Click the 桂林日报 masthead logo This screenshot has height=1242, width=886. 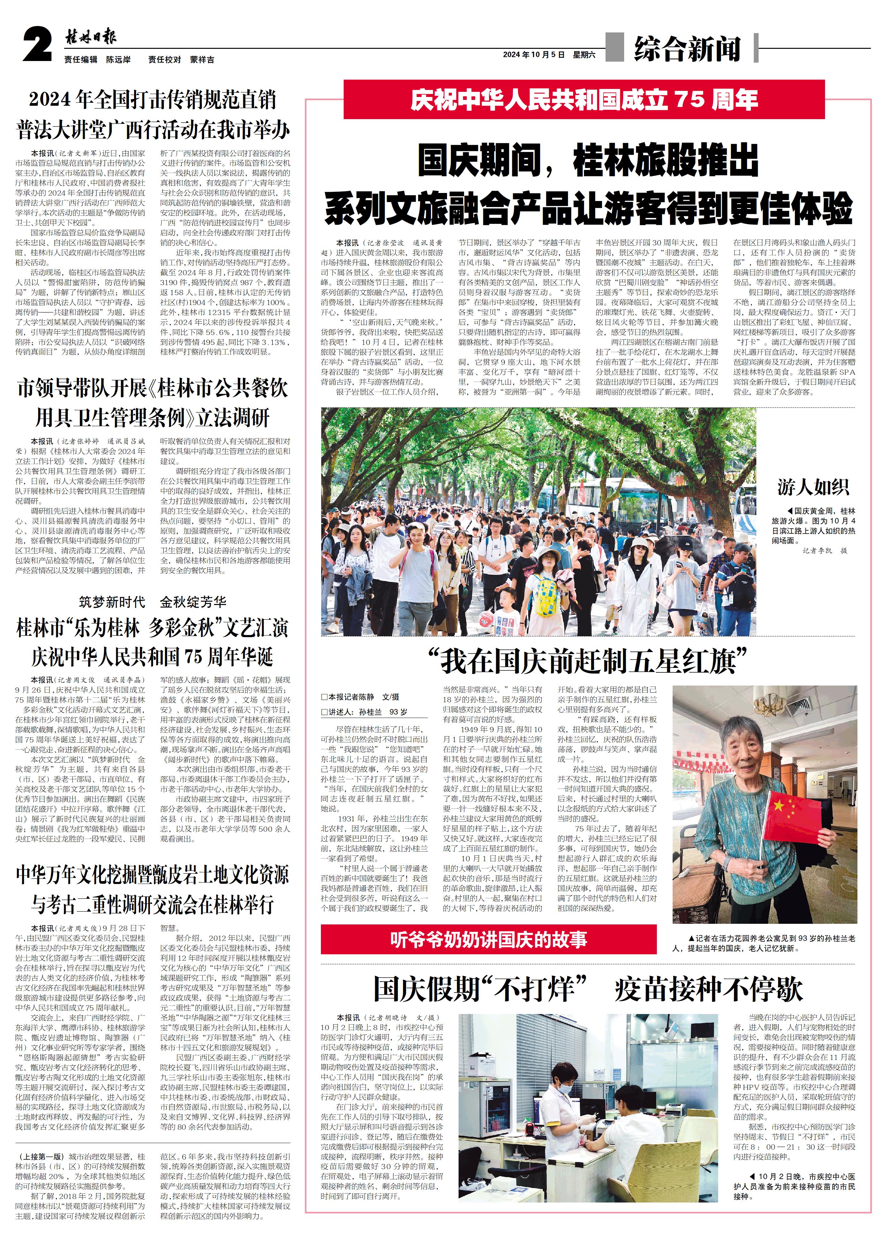pyautogui.click(x=90, y=38)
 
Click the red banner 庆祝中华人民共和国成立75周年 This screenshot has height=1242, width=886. pyautogui.click(x=584, y=99)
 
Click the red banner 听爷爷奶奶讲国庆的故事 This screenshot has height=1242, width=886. pyautogui.click(x=488, y=939)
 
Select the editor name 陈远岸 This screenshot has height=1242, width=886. pyautogui.click(x=118, y=59)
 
